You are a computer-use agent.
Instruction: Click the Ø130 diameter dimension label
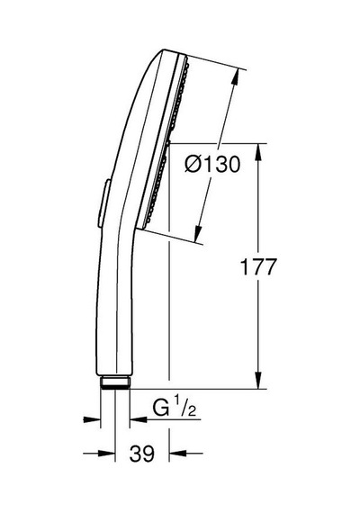point(212,164)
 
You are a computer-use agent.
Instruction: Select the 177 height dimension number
point(258,266)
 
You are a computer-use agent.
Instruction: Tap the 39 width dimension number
point(141,454)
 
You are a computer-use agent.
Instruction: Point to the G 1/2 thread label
point(174,406)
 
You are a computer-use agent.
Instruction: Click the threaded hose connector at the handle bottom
point(115,382)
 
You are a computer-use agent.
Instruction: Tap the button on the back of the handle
point(103,203)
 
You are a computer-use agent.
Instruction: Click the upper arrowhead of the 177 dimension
point(258,152)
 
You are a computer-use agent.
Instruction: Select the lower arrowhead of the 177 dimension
point(258,381)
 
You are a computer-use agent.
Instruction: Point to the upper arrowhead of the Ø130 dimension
point(236,77)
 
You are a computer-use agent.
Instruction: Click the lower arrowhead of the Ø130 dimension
point(198,234)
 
